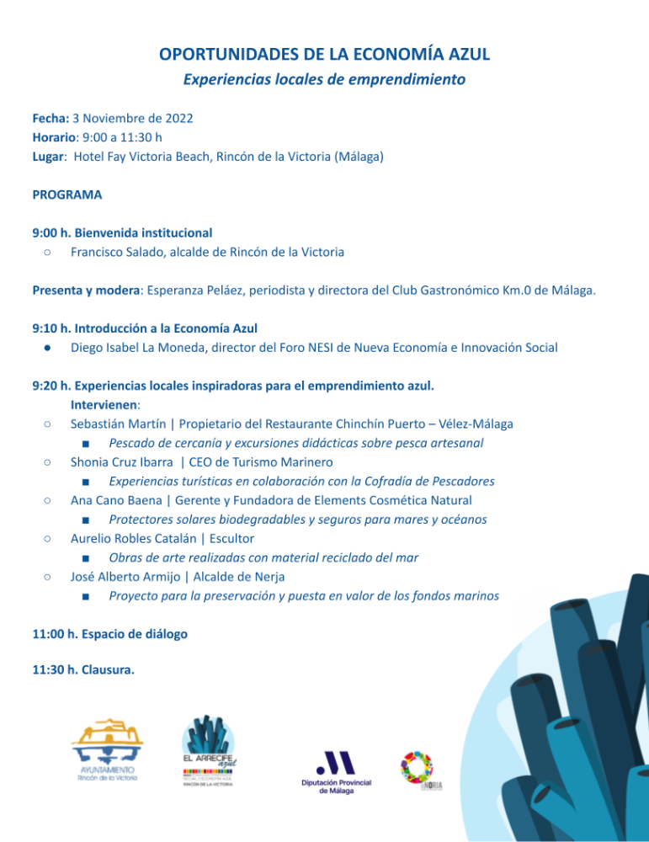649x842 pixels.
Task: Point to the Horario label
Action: (x=55, y=136)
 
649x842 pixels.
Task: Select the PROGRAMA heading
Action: (x=67, y=195)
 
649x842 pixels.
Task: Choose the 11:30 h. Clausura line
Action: (x=82, y=670)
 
